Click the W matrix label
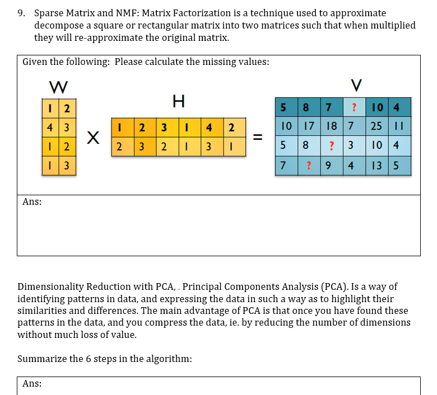(x=59, y=87)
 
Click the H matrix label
(x=179, y=101)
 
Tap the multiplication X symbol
(x=95, y=137)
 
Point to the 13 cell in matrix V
(x=375, y=166)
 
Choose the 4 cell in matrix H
(x=208, y=127)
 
